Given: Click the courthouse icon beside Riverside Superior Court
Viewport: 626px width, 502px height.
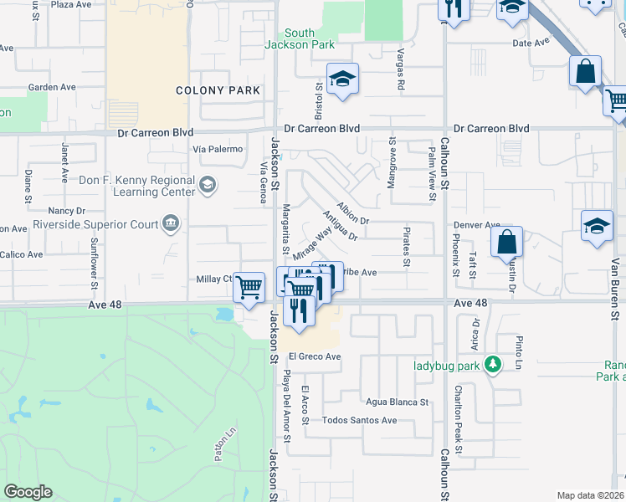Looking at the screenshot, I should coord(171,223).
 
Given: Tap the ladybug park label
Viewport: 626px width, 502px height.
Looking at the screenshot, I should coord(449,365).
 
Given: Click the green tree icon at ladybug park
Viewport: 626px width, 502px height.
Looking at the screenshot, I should coord(494,365).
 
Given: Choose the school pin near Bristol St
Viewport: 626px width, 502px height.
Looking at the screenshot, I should coord(342,80).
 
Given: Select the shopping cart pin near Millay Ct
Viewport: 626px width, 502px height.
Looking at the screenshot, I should coord(249,288).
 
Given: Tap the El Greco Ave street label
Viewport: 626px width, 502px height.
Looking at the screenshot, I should coord(315,356).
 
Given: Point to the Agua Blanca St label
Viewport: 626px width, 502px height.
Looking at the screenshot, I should coord(397,402).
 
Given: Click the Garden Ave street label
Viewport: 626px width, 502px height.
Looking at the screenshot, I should coord(52,87).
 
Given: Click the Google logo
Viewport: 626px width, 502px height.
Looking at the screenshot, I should coord(28,492).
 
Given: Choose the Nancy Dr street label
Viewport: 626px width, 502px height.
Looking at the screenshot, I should coord(68,212).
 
